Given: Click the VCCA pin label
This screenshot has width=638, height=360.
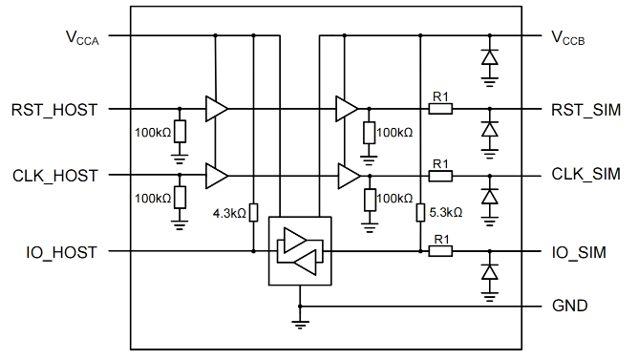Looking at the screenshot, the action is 82,38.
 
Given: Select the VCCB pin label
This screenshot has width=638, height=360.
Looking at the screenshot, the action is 568,38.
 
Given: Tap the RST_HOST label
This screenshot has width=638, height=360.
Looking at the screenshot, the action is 54,110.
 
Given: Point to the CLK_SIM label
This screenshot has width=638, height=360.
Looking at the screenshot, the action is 585,174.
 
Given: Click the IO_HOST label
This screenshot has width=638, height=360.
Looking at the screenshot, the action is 62,253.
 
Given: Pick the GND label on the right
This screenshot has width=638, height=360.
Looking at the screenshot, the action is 569,306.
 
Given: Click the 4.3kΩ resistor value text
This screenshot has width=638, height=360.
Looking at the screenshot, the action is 229,213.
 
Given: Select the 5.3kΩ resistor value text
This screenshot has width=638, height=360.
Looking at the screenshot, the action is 446,212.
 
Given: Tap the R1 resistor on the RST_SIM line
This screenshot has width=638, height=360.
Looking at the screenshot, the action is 440,109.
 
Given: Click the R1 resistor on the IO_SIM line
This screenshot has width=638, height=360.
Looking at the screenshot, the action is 440,251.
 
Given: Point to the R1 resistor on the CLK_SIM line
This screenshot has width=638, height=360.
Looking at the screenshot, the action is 440,176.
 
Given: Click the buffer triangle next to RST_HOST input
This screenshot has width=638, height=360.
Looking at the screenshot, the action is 217,109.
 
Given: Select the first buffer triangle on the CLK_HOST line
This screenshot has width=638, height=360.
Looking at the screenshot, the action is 217,176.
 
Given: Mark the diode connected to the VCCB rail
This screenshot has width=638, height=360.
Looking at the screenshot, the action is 490,57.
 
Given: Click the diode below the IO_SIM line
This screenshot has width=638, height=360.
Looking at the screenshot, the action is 490,272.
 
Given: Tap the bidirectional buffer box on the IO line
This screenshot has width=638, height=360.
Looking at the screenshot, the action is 300,251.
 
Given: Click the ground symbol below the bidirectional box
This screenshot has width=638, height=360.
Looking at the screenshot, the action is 300,325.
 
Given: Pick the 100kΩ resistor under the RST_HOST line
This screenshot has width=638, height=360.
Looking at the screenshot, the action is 180,131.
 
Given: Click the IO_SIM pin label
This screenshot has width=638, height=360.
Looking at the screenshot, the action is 579,253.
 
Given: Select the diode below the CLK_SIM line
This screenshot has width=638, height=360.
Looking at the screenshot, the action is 490,197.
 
